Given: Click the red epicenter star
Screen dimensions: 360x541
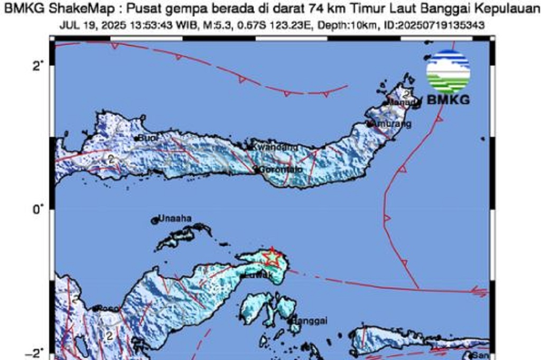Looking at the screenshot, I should pyautogui.click(x=272, y=257).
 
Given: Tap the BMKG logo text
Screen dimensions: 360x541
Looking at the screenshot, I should pyautogui.click(x=448, y=99).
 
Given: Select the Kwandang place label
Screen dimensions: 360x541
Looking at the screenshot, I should pyautogui.click(x=274, y=147).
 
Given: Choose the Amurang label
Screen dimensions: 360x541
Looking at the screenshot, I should pyautogui.click(x=391, y=124).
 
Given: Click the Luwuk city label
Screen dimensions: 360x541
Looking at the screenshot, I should pyautogui.click(x=260, y=275).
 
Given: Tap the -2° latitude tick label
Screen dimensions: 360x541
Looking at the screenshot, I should pyautogui.click(x=35, y=353).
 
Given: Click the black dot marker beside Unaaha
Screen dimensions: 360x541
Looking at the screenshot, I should pyautogui.click(x=155, y=220).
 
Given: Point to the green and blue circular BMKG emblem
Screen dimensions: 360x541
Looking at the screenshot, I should pyautogui.click(x=448, y=71).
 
